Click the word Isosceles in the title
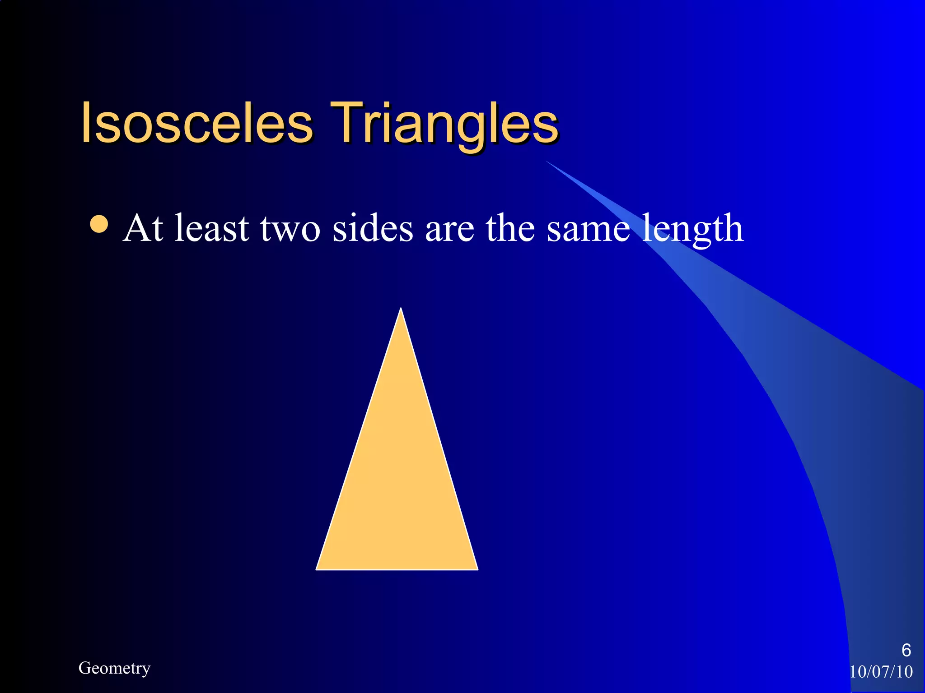[197, 123]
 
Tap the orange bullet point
[99, 224]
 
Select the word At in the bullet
[143, 228]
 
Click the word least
[212, 228]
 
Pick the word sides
[373, 228]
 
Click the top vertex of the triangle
[401, 310]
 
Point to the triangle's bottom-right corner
[477, 568]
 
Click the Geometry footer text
[114, 668]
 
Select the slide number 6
[906, 650]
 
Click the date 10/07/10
[881, 672]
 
